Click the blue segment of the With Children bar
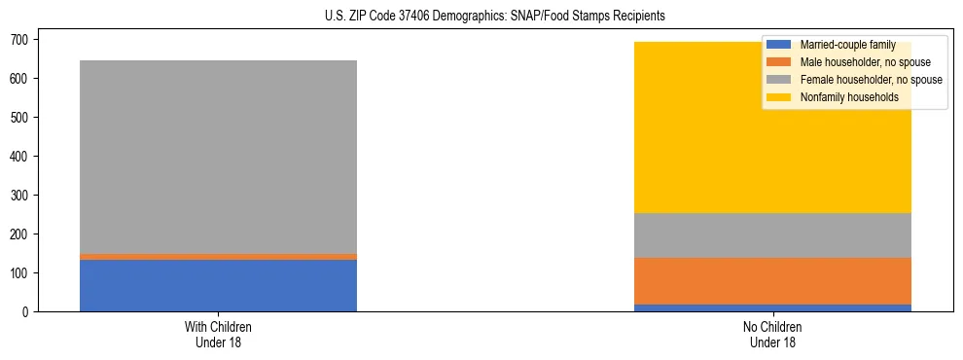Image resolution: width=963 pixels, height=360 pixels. pos(218,285)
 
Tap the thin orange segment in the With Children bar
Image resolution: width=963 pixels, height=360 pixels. pos(218,257)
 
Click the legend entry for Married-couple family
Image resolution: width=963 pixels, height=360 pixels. pos(842,45)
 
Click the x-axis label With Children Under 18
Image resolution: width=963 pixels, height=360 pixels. pos(218,334)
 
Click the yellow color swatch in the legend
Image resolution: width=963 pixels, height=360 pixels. pos(779,97)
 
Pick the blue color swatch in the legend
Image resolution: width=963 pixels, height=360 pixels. pos(779,45)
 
